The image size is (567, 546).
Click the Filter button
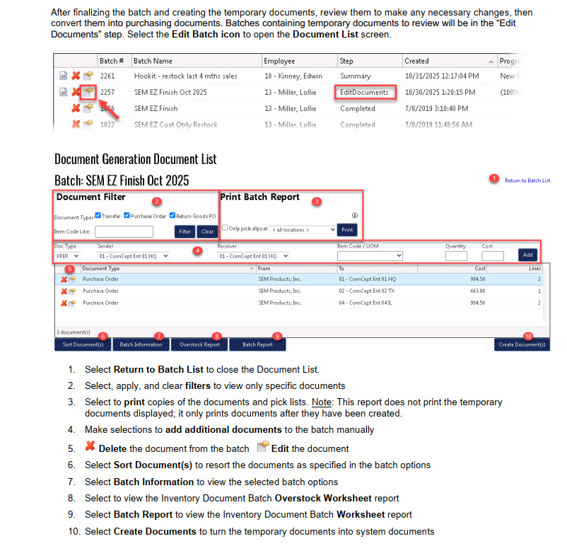(x=185, y=231)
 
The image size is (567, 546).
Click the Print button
(x=347, y=230)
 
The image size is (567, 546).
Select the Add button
(x=527, y=255)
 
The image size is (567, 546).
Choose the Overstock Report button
(x=200, y=344)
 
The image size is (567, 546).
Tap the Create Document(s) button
(x=522, y=344)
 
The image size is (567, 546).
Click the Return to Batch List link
(x=527, y=180)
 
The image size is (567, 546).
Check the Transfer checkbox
(x=98, y=216)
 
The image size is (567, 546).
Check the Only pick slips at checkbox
(x=225, y=228)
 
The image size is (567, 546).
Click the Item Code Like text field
(x=124, y=231)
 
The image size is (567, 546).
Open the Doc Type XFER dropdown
(x=67, y=255)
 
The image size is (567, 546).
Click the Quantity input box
(x=457, y=256)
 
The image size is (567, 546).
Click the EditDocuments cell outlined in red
(x=365, y=92)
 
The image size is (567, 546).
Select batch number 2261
(x=107, y=76)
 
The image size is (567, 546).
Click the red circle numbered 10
(x=527, y=335)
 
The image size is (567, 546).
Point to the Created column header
(x=417, y=61)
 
